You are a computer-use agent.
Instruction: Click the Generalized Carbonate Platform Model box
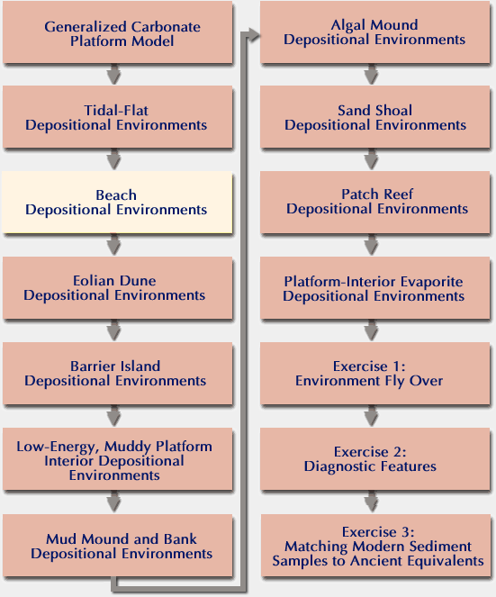(118, 32)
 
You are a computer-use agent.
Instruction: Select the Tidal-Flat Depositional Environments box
(118, 117)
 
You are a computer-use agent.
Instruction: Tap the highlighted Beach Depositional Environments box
(117, 202)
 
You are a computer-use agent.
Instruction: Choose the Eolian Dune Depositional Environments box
(118, 288)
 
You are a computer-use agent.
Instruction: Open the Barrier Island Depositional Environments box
(118, 373)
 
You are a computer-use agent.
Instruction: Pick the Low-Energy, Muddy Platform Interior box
(118, 459)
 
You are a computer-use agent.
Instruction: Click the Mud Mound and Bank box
(118, 546)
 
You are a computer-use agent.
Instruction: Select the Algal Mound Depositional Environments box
(375, 32)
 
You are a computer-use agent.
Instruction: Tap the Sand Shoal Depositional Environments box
(375, 117)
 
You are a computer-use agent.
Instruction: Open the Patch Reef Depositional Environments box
(375, 202)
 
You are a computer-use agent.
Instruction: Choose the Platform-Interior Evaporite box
(375, 288)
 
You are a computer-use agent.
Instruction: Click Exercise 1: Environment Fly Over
(375, 373)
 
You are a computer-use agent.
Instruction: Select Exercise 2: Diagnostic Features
(375, 459)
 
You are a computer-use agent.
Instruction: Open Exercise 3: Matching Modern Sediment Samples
(375, 546)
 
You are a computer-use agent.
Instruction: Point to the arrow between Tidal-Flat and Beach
(113, 158)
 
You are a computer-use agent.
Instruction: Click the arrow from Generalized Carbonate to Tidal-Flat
(113, 74)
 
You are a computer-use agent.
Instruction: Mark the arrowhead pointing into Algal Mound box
(254, 35)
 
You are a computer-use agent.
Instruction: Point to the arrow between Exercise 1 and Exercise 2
(371, 415)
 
